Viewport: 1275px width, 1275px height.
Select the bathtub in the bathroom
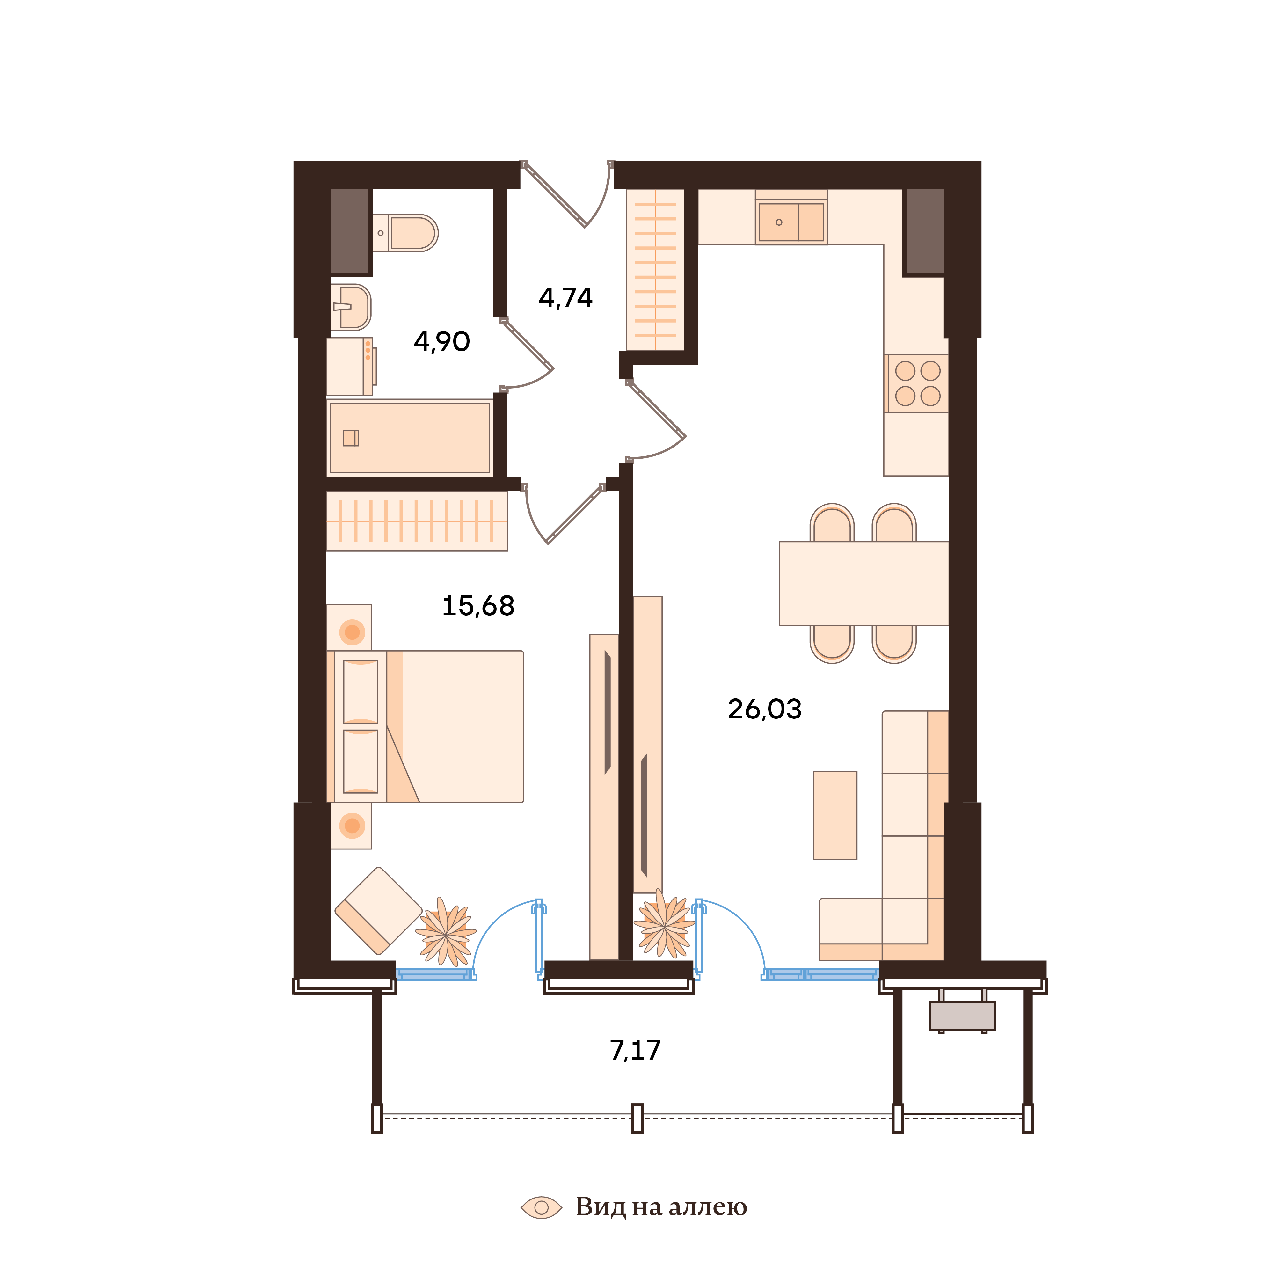409,438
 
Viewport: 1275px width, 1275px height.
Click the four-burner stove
917,383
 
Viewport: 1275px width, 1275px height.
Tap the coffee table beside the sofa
835,815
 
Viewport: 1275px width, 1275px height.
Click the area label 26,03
764,710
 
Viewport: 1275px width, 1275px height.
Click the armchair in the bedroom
378,911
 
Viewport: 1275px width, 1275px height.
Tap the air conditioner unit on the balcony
962,1016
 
